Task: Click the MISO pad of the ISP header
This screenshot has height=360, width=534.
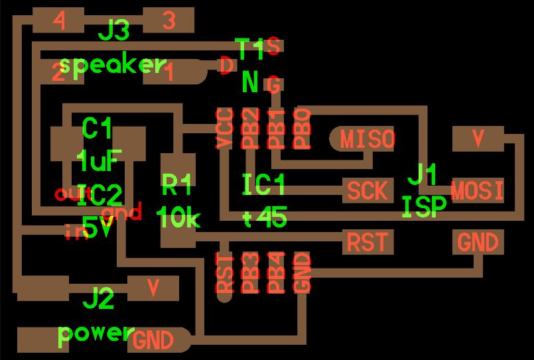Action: [x=366, y=139]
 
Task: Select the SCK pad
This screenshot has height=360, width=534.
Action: [x=367, y=191]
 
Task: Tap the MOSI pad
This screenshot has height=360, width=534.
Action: [x=477, y=191]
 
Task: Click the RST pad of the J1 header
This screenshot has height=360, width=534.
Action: [x=367, y=242]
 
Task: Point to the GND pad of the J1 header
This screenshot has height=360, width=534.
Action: [x=478, y=242]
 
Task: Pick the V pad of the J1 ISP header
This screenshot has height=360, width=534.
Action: [x=478, y=139]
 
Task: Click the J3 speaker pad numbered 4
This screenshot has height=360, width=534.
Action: [x=59, y=21]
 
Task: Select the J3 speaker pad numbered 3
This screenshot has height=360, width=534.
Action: [x=168, y=21]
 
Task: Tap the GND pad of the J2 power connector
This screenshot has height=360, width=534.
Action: [x=154, y=340]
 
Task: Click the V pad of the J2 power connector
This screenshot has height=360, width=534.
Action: [x=153, y=288]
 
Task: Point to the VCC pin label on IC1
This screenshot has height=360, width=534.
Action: [x=225, y=127]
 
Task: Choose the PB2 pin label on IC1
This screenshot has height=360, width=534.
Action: [x=250, y=127]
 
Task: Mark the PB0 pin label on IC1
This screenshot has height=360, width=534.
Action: [x=302, y=127]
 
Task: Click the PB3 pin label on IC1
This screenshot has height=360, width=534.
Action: [x=250, y=272]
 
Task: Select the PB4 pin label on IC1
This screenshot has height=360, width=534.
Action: [x=276, y=272]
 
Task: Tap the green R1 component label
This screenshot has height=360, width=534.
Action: [x=177, y=184]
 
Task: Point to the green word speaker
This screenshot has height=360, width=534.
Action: [x=112, y=65]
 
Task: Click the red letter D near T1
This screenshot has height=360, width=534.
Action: [x=226, y=66]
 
